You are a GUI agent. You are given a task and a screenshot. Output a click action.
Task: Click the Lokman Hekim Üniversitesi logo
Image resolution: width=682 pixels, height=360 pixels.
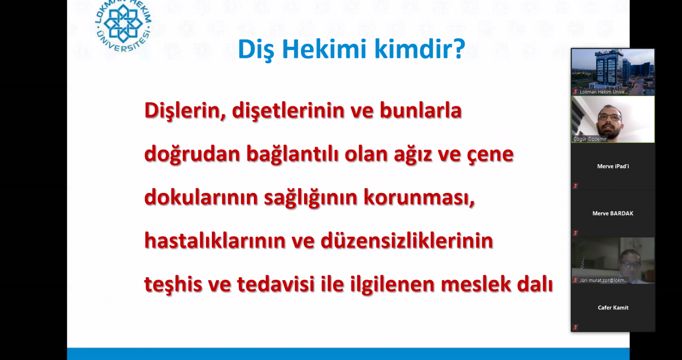coord(123,26)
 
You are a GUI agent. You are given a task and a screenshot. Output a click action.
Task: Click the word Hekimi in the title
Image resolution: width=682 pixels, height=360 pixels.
coord(324,49)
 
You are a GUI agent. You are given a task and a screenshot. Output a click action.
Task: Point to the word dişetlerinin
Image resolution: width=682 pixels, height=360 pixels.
coord(288,111)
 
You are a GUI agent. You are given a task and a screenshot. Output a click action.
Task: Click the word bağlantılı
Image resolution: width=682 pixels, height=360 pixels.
coord(292,154)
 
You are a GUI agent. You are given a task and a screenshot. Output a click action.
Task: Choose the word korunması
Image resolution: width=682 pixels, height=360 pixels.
coord(419,198)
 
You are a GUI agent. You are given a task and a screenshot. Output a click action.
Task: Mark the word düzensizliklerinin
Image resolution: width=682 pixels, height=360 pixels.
coord(407,241)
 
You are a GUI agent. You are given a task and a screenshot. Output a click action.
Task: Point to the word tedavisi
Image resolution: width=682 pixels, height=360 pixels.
coord(276,284)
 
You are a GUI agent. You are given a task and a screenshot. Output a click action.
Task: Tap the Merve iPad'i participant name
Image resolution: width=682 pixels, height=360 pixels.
coord(613,166)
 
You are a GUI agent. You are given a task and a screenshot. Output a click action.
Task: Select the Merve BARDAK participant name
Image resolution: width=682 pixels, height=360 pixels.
coord(613,213)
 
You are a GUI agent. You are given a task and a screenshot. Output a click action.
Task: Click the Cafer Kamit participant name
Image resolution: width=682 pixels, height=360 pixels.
coord(613,307)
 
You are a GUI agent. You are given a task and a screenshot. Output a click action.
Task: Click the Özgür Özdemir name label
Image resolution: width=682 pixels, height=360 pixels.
coord(590,139)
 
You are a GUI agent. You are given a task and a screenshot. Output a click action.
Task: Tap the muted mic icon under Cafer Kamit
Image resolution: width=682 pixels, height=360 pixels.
coord(575,327)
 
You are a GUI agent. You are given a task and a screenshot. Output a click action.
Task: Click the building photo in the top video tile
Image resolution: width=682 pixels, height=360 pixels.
coord(613,72)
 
